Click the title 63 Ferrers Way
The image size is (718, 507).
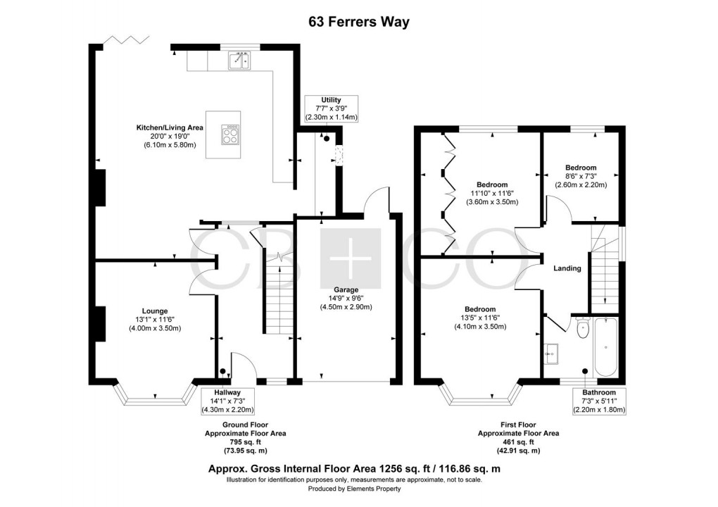coord(359,22)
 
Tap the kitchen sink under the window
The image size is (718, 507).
coord(239,61)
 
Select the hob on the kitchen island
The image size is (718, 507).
coord(230,135)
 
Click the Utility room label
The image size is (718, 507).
coord(331,100)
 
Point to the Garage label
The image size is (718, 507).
coord(346,289)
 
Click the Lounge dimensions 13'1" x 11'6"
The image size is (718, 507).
coord(155,319)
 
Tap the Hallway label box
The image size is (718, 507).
coord(227,401)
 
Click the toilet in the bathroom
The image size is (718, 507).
coord(583,328)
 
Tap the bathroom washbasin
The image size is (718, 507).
coord(552,353)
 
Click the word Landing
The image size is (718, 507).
coord(567,268)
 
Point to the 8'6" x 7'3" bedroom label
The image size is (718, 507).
coord(581,176)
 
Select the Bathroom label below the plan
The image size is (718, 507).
coord(599,392)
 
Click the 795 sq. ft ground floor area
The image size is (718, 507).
coord(246,442)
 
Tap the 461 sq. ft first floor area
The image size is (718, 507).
coord(518,442)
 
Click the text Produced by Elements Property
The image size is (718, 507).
coord(354,489)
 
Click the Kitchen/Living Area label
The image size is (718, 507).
coord(170,127)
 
